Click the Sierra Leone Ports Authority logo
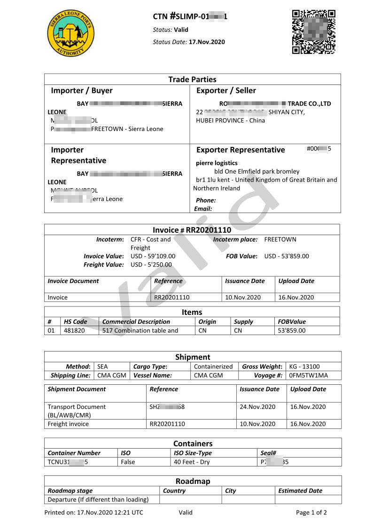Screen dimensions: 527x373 pos(70,33)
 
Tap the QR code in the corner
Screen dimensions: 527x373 pos(314,32)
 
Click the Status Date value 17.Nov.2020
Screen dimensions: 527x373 pos(207,42)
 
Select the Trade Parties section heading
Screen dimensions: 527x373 pos(192,79)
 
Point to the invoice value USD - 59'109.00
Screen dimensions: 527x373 pos(153,256)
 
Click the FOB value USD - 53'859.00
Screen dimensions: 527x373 pos(287,256)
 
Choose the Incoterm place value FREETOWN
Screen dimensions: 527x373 pos(280,239)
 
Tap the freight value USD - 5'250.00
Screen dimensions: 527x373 pos(151,265)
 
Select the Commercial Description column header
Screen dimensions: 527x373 pos(136,322)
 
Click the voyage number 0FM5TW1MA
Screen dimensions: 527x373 pos(309,375)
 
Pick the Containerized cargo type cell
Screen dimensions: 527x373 pos(213,367)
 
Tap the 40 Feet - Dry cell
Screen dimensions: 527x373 pos(192,462)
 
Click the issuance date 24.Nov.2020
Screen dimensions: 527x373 pos(257,407)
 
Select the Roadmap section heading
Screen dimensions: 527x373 pos(193,481)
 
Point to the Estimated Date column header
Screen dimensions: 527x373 pos(300,491)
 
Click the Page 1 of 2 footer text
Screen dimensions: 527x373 pos(311,512)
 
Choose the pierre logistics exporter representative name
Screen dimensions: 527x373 pos(217,163)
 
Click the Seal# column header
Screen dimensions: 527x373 pos(268,453)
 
